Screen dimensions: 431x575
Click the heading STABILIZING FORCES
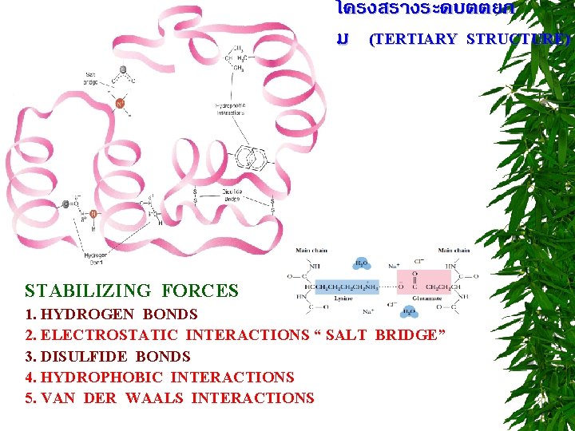[x=132, y=291]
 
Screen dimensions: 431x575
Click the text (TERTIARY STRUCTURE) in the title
[x=470, y=39]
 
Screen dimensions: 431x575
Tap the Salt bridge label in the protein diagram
[x=91, y=77]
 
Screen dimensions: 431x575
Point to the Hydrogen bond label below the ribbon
[x=94, y=257]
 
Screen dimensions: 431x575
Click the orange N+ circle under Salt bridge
[x=121, y=103]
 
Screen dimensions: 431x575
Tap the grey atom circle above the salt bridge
[x=122, y=69]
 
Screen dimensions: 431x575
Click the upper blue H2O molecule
[x=361, y=263]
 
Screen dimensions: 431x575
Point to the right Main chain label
[x=453, y=250]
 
